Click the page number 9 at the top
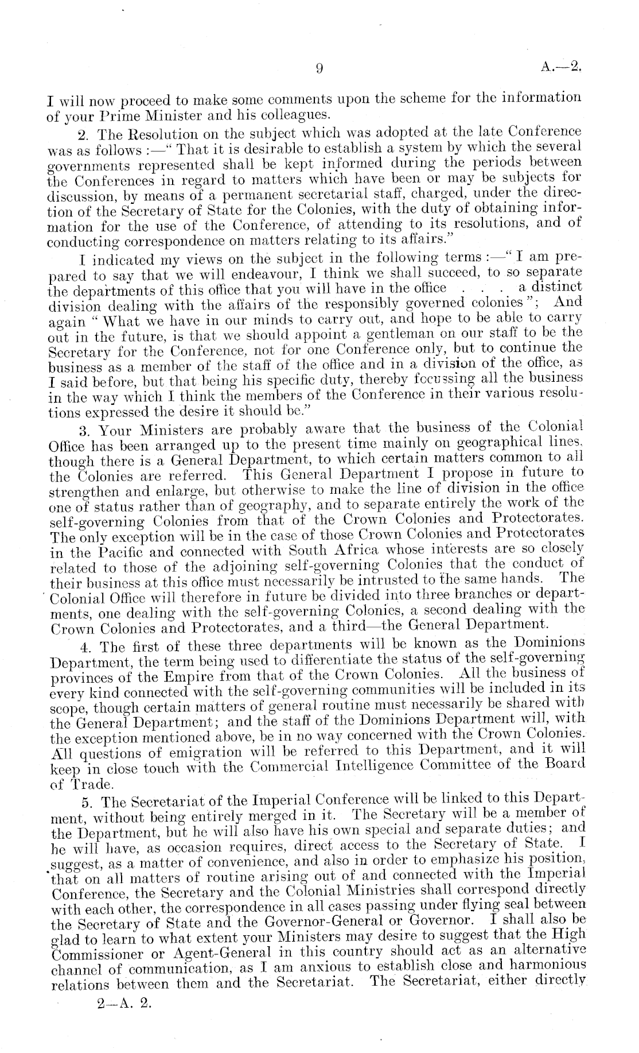click(x=319, y=69)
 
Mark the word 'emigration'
click(x=192, y=752)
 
